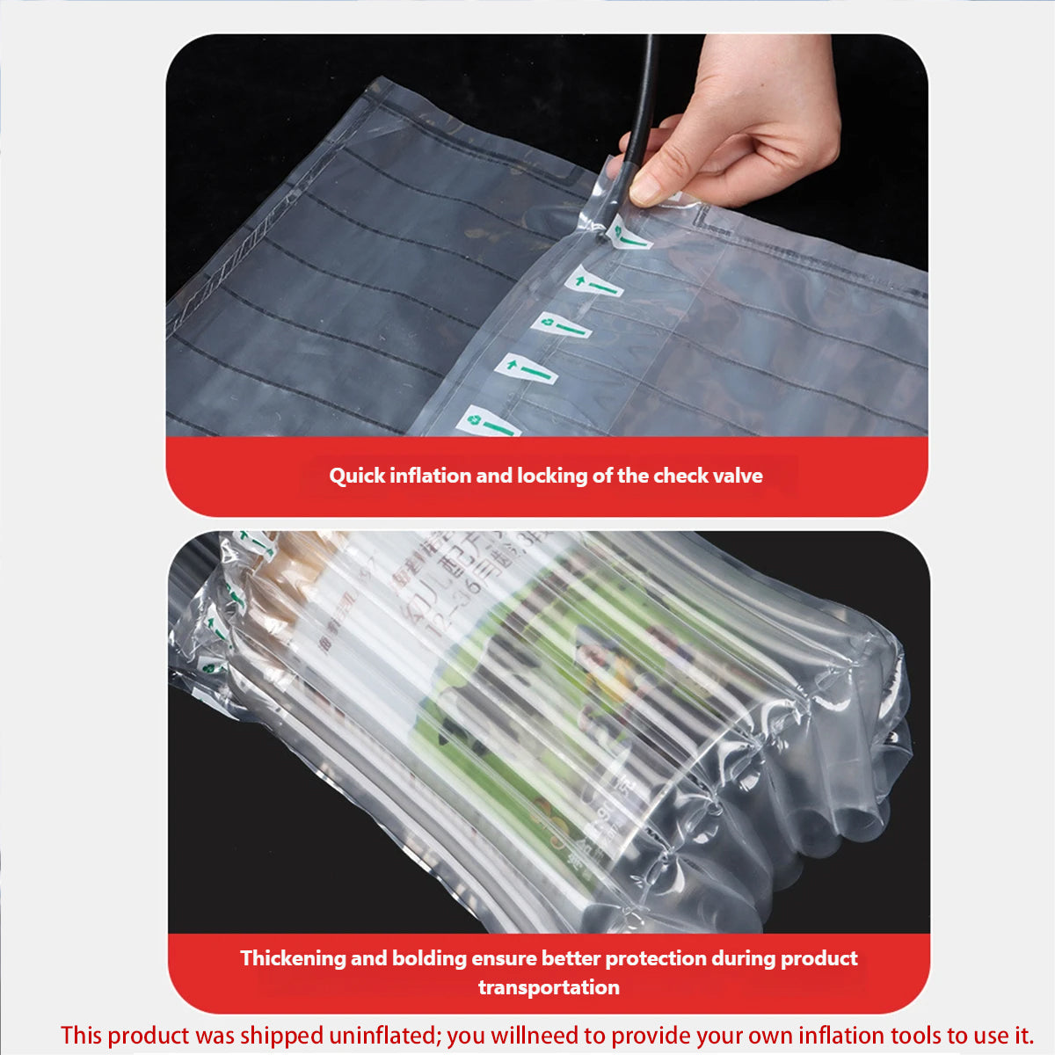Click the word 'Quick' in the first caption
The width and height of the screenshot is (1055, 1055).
(356, 477)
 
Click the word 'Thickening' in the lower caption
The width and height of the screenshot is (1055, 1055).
(293, 958)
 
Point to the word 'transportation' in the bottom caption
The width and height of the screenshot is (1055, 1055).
(549, 987)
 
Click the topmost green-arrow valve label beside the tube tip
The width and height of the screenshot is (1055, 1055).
(629, 236)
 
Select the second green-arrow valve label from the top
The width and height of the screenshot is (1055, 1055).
(593, 284)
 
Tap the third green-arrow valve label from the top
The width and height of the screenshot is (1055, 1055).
(561, 326)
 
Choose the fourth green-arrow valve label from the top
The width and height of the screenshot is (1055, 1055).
(525, 369)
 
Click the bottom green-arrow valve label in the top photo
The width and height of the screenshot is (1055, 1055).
(488, 424)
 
